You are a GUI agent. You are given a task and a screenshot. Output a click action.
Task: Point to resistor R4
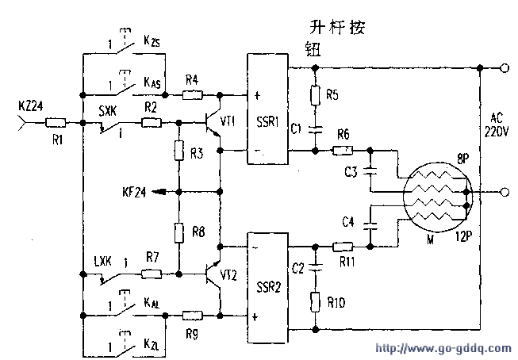(191, 95)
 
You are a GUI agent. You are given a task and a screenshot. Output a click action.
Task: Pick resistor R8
(180, 232)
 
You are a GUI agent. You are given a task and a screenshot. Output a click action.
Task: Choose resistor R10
(316, 302)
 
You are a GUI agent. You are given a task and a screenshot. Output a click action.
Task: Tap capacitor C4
(369, 225)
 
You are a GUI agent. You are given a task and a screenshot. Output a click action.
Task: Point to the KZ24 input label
(29, 105)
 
